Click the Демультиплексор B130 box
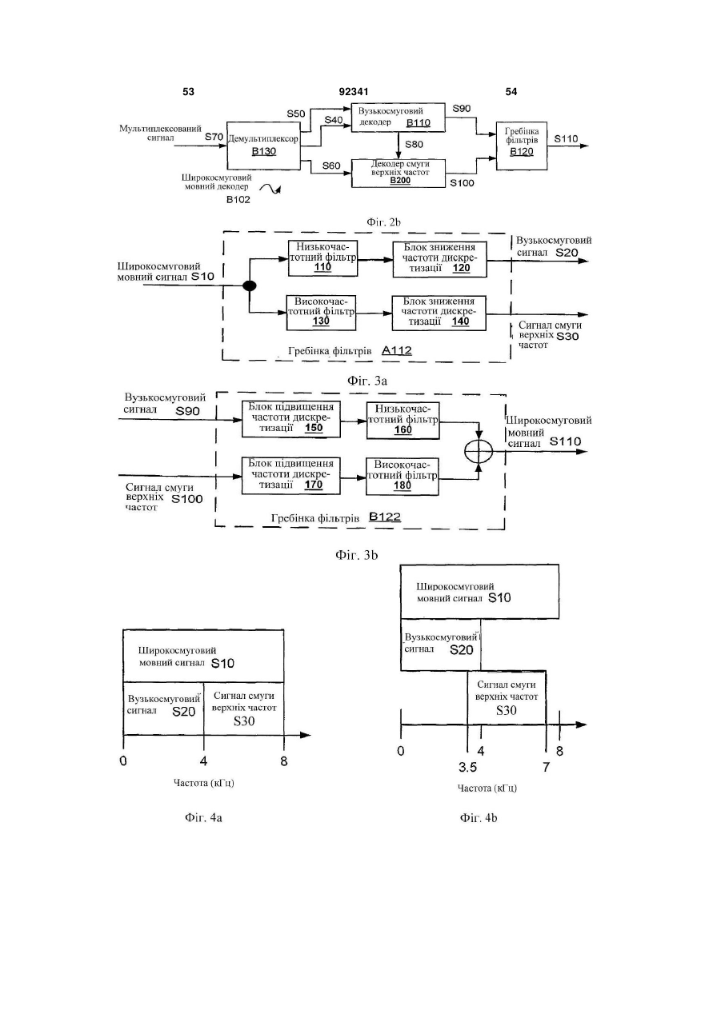[x=264, y=146]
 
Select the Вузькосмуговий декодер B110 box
[x=398, y=118]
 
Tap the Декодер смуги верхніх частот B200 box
[x=399, y=173]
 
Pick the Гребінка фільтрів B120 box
[x=521, y=146]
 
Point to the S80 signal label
[x=414, y=145]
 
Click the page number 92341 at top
[x=354, y=92]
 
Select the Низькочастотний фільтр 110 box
[x=323, y=258]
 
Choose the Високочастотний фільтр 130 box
[x=321, y=313]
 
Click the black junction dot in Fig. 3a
[x=250, y=285]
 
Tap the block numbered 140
[x=439, y=313]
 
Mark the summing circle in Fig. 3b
[x=479, y=452]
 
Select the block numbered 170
[x=291, y=476]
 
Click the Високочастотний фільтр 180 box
[x=403, y=477]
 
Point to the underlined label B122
[x=385, y=517]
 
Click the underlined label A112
[x=397, y=350]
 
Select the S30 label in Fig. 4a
[x=244, y=721]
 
